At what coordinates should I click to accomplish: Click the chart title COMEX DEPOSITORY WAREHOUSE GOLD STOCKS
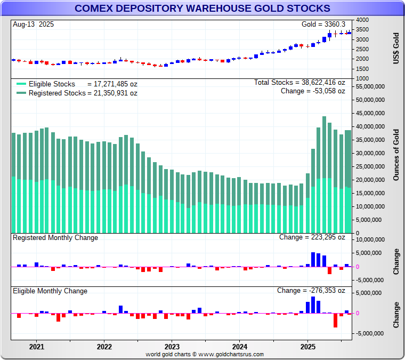(x=202, y=9)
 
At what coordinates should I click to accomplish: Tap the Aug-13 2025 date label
(x=33, y=24)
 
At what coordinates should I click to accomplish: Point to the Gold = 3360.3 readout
(x=323, y=24)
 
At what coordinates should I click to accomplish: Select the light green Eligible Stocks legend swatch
(x=21, y=84)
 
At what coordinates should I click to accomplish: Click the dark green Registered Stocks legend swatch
(x=21, y=93)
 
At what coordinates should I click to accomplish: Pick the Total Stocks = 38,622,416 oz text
(x=299, y=83)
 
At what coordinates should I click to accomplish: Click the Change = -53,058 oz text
(x=313, y=91)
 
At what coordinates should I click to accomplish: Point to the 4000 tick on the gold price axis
(x=362, y=20)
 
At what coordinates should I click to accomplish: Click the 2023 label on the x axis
(x=172, y=346)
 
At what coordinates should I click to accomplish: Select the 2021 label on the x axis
(x=36, y=346)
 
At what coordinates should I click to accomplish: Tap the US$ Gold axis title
(x=396, y=49)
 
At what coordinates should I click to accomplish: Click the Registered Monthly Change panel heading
(x=55, y=237)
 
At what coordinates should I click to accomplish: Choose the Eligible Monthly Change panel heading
(x=50, y=291)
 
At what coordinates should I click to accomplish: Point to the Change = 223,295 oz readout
(x=312, y=237)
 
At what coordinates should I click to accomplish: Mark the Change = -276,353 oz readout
(x=311, y=291)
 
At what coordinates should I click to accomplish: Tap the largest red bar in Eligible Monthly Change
(x=336, y=320)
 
